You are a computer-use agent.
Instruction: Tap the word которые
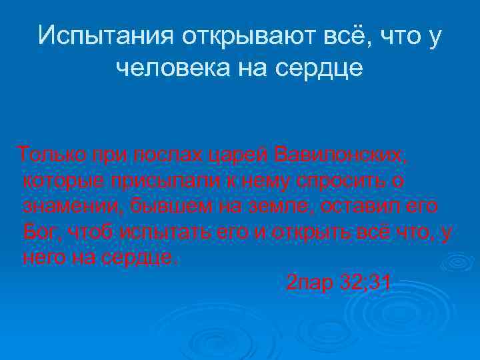[63, 181]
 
